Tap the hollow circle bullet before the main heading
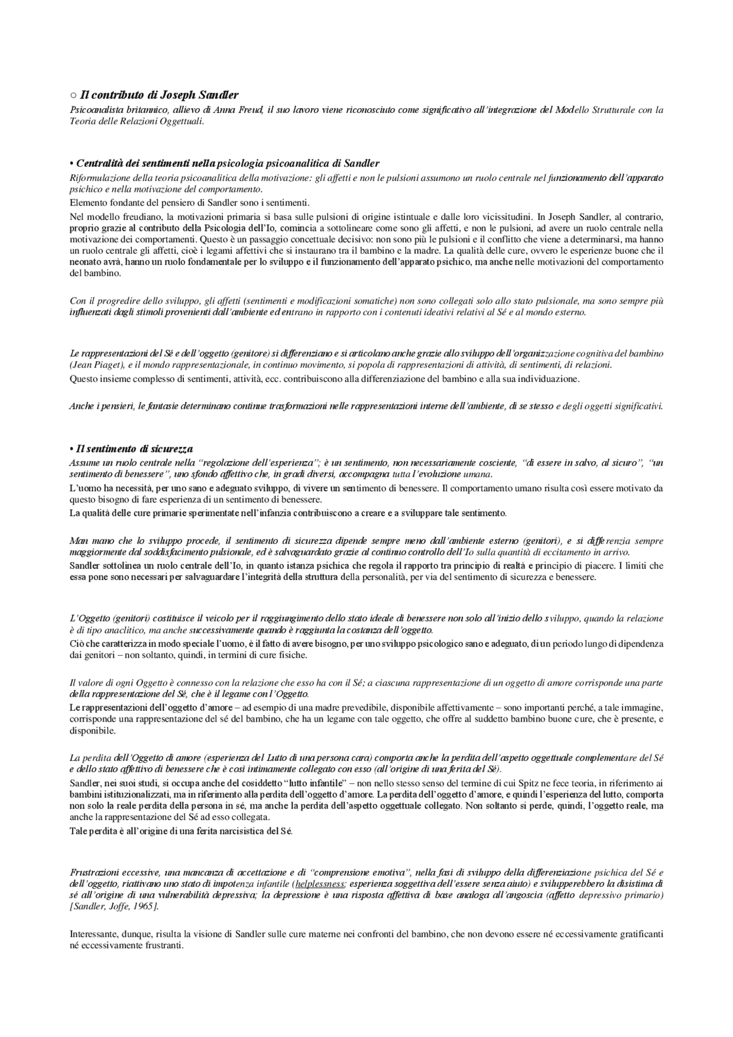[x=73, y=96]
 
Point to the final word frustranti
[x=163, y=945]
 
